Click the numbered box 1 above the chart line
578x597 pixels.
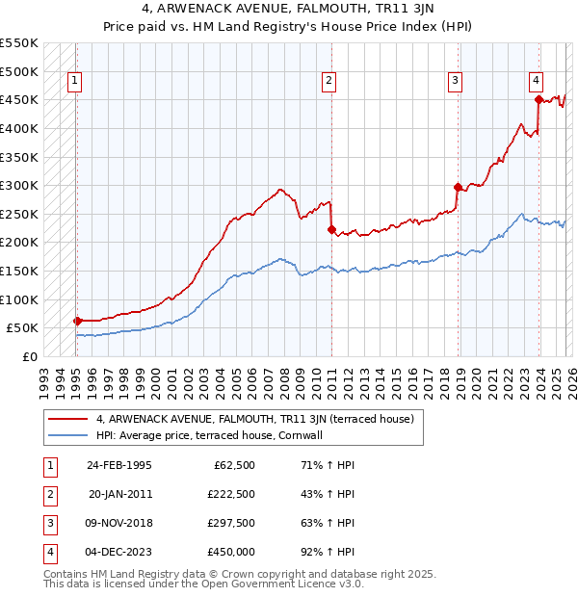(x=75, y=82)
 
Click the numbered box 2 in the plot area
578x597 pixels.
(x=329, y=82)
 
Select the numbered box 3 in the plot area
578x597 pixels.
(x=456, y=82)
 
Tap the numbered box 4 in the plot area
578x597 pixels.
(x=536, y=82)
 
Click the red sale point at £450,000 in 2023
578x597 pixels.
(x=539, y=99)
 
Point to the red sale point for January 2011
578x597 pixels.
(x=331, y=229)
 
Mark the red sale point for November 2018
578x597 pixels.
(x=458, y=187)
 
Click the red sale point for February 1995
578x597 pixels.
(x=77, y=321)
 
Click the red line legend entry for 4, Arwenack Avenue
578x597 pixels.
(x=254, y=419)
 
